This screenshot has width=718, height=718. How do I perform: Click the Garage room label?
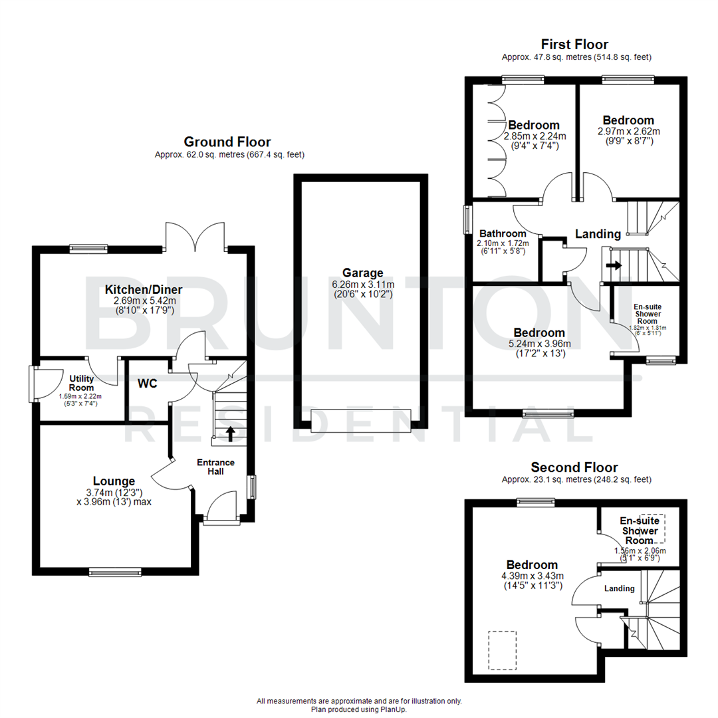coord(362,273)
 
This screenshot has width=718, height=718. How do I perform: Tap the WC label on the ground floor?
coord(147,384)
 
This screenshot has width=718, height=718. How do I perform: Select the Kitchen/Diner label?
coord(143,290)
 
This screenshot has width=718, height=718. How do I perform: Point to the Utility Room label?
coord(82,382)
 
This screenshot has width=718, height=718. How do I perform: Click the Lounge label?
coord(114,481)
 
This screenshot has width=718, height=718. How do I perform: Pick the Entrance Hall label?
coord(215,467)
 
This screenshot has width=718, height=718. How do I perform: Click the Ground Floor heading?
coord(227,142)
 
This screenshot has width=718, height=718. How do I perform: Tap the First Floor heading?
coord(574,45)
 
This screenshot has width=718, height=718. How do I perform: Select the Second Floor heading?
coord(574,468)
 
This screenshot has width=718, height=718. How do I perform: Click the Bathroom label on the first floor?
coord(503,234)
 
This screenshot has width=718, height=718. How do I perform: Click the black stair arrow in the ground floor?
coord(230,433)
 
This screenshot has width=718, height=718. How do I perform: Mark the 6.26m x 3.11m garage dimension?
coord(363,284)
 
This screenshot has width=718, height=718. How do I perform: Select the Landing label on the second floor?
coord(619,588)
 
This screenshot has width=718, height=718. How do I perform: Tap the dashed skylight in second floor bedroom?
coord(502,650)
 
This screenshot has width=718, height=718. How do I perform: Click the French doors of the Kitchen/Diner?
coord(196,237)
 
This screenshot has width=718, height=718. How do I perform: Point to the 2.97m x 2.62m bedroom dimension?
coord(628,132)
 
